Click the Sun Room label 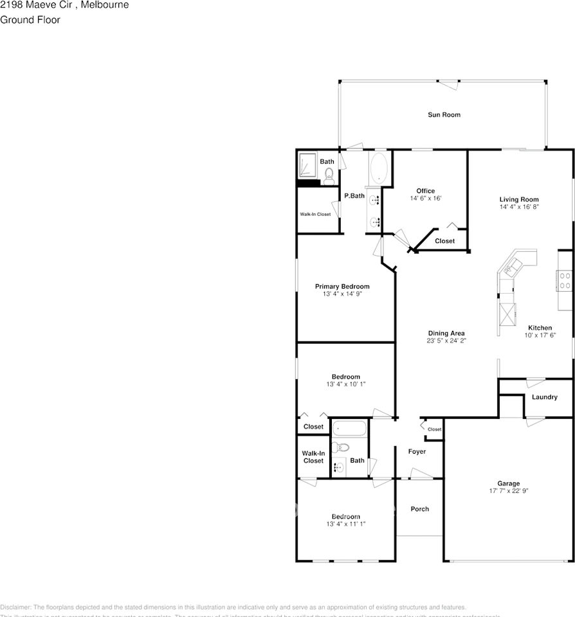point(444,115)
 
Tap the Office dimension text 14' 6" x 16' point(425,199)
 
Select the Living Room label point(519,199)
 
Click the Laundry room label point(544,397)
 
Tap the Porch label point(419,509)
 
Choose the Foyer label point(417,452)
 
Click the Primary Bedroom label point(342,287)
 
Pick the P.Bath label point(354,196)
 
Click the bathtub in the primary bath point(379,168)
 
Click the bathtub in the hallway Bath point(349,429)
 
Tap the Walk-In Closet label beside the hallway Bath point(313,456)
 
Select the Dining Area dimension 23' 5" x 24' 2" point(446,341)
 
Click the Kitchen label point(540,328)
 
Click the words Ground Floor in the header point(30,20)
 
